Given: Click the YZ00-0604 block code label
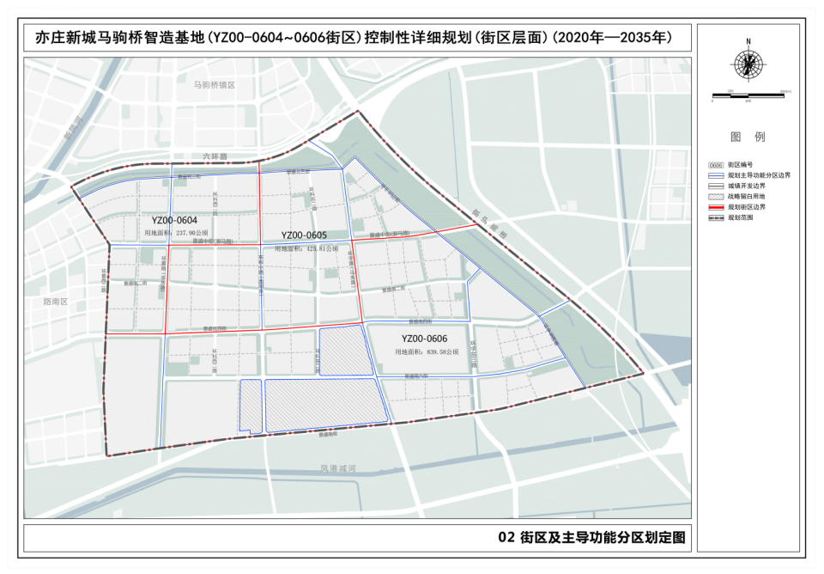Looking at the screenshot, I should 180,220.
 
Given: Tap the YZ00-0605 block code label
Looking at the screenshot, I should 304,235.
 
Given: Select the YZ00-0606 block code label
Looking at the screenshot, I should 424,339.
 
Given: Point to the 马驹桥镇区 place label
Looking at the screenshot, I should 214,86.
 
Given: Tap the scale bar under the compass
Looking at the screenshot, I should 748,95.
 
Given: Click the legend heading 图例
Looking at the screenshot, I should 748,137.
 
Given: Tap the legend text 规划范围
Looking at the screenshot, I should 742,217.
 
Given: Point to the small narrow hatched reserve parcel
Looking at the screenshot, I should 250,404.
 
